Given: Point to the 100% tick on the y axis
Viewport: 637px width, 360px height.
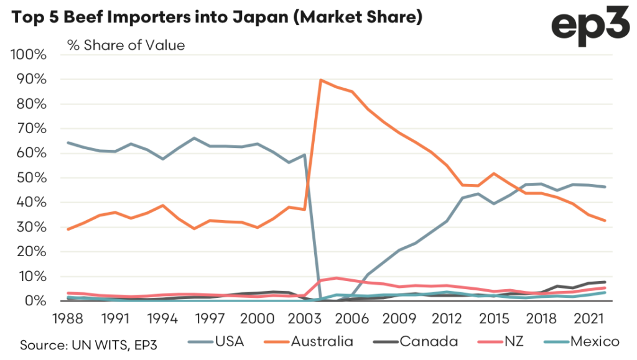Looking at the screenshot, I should [30, 55].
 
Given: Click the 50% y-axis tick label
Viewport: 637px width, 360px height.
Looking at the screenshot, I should [32, 178].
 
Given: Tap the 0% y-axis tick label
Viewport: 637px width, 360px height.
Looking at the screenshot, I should [36, 301].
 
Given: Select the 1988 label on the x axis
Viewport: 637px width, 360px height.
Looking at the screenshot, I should [68, 318].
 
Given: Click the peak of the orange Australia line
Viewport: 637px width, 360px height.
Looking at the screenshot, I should [320, 80].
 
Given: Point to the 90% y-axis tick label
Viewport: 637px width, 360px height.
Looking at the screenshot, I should [32, 80].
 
